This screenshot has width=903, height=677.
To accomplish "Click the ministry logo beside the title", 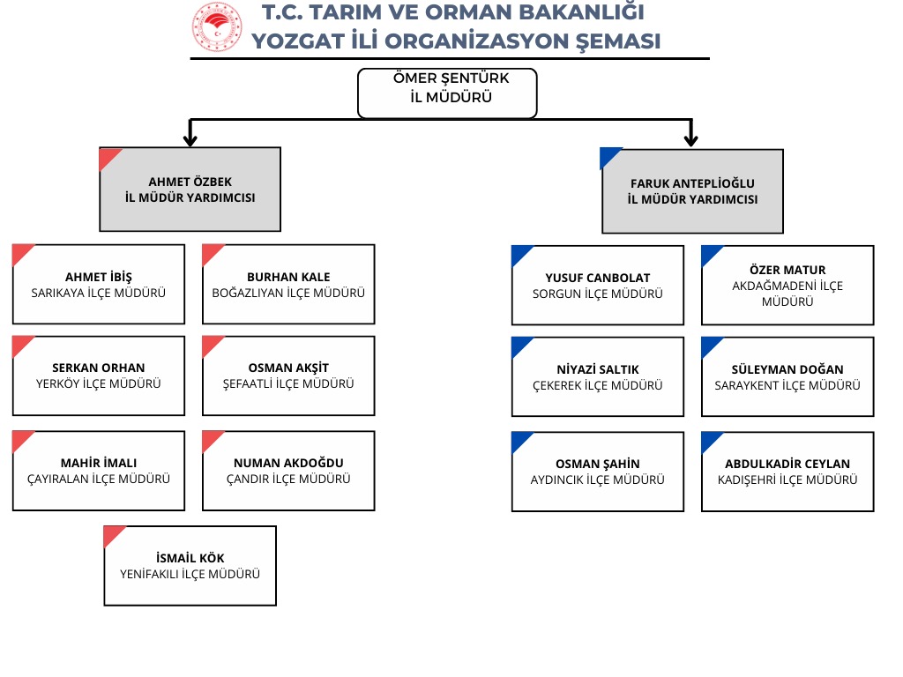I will pyautogui.click(x=216, y=26).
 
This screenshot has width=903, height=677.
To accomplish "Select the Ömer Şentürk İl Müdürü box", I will pyautogui.click(x=447, y=93).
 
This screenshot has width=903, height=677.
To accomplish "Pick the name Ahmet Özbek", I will pyautogui.click(x=190, y=182).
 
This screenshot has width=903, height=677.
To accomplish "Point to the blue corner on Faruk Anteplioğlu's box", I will pyautogui.click(x=609, y=156).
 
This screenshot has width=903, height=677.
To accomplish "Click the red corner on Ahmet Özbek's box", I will pyautogui.click(x=108, y=156).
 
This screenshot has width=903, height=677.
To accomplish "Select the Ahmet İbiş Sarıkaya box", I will pyautogui.click(x=99, y=284).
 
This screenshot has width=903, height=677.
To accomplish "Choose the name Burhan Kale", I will pyautogui.click(x=288, y=277).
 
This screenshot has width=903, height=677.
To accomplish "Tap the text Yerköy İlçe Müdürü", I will pyautogui.click(x=99, y=383).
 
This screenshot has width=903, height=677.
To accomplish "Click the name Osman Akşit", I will pyautogui.click(x=288, y=368).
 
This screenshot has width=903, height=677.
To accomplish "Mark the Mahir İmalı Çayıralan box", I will pyautogui.click(x=99, y=471).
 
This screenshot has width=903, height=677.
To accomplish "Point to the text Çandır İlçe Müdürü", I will pyautogui.click(x=288, y=479).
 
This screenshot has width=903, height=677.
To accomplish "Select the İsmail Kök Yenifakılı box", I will pyautogui.click(x=190, y=566).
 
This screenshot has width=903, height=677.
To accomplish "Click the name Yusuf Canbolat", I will pyautogui.click(x=597, y=279).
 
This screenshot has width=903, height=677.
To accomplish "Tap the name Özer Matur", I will pyautogui.click(x=787, y=270).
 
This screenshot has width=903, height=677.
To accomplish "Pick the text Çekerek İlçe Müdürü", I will pyautogui.click(x=597, y=385).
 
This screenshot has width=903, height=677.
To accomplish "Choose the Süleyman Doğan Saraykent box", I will pyautogui.click(x=787, y=376).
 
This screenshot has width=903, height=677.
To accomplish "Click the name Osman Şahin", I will pyautogui.click(x=597, y=464).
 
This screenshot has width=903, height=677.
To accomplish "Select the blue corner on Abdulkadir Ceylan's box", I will pyautogui.click(x=710, y=439).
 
